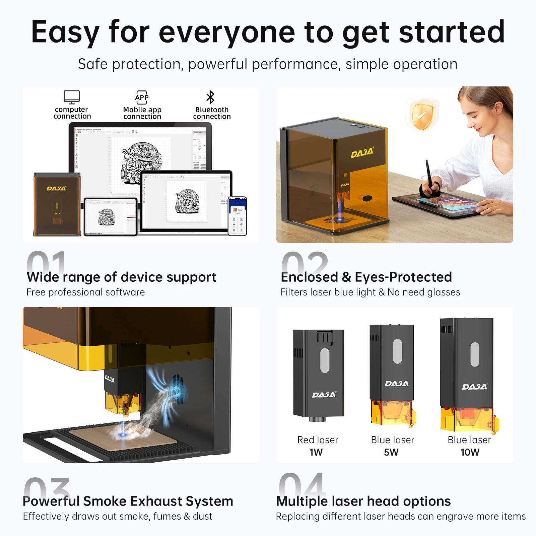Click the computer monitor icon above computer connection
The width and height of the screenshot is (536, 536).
pos(72,97)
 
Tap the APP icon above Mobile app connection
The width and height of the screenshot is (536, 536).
pos(142,97)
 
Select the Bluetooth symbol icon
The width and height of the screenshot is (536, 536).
pos(210,97)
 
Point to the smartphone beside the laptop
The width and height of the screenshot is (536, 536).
pos(238,216)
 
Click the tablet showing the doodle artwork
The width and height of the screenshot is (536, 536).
pos(111,217)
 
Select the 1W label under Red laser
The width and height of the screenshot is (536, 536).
pos(316,452)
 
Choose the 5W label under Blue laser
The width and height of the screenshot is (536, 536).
pos(391,452)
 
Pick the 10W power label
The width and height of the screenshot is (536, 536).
pos(470,452)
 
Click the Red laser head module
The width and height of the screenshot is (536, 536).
pos(319,374)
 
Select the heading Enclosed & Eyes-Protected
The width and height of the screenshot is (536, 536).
pos(366,277)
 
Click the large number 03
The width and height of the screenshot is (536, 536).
pos(47,487)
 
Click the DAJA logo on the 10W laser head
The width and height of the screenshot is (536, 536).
pos(474,387)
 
